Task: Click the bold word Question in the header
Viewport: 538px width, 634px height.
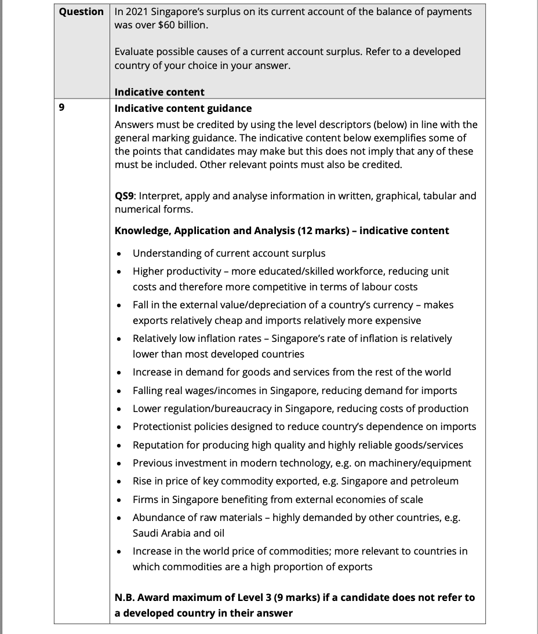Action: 81,12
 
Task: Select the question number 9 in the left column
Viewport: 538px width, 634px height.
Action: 61,108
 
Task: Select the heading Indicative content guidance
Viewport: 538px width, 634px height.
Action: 183,108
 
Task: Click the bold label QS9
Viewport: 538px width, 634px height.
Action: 125,196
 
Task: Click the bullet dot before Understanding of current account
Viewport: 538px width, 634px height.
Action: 119,254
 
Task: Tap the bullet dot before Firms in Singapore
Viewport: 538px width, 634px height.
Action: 119,500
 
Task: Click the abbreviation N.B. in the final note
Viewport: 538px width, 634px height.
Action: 126,597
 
